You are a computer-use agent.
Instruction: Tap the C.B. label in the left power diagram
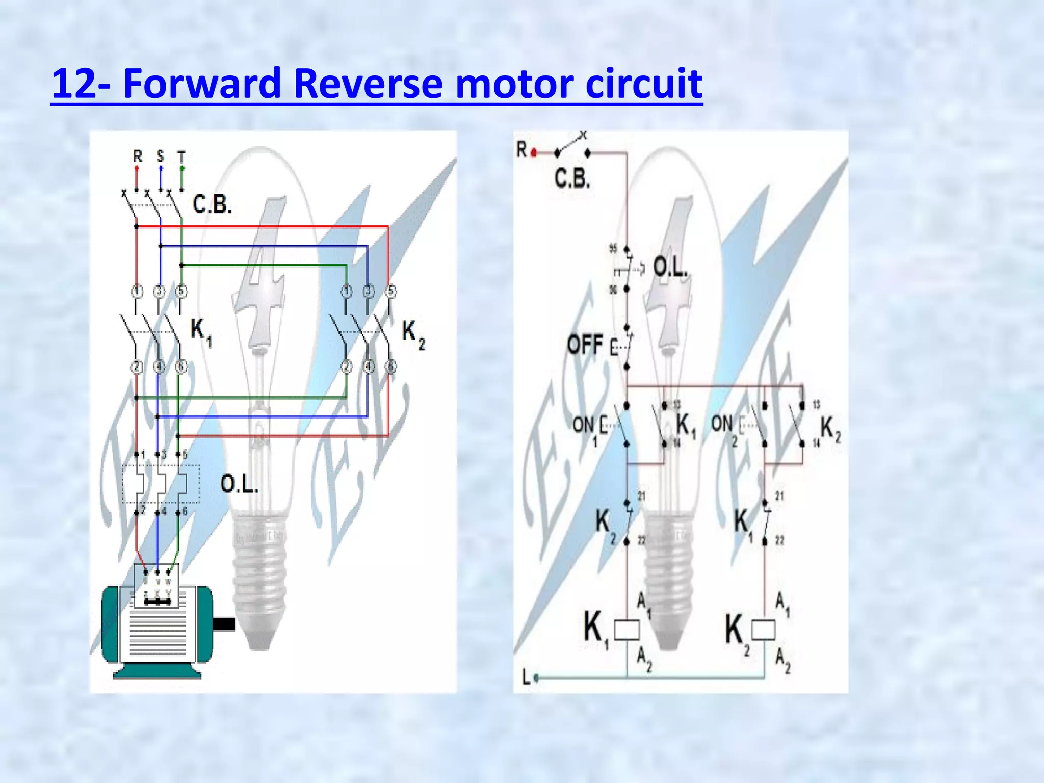click(212, 204)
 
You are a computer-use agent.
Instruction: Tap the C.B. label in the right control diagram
click(572, 178)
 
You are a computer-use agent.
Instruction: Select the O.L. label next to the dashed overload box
click(239, 483)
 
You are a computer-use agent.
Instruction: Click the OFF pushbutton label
click(585, 345)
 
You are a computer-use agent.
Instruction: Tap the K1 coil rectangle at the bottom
click(627, 630)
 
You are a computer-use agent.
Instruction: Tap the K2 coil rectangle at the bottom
click(764, 630)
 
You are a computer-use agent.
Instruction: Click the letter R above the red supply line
click(137, 156)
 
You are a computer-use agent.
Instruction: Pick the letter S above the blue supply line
click(160, 155)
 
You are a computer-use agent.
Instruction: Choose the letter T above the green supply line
click(181, 156)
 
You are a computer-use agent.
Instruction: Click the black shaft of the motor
click(223, 624)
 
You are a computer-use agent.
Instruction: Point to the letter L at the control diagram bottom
click(526, 677)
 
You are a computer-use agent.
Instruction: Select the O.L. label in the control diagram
click(670, 267)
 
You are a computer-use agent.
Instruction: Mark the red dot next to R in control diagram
click(534, 152)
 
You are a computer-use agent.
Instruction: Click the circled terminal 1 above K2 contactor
click(346, 292)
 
